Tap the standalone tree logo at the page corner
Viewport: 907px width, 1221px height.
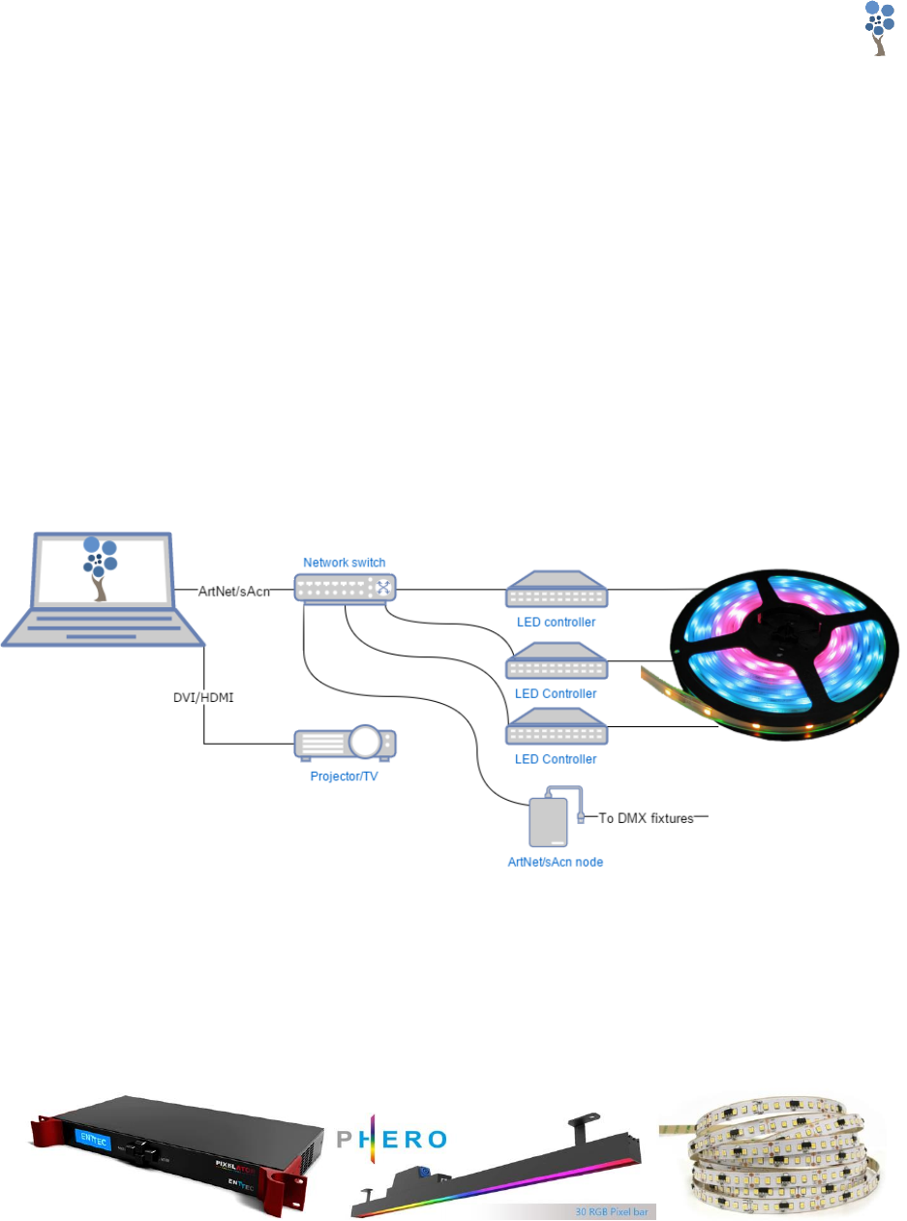click(878, 28)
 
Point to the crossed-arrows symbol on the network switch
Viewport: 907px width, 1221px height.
click(383, 587)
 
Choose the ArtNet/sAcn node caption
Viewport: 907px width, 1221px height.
click(550, 861)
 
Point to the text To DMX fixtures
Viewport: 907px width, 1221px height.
click(646, 818)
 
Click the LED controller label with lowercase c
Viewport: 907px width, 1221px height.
click(556, 621)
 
